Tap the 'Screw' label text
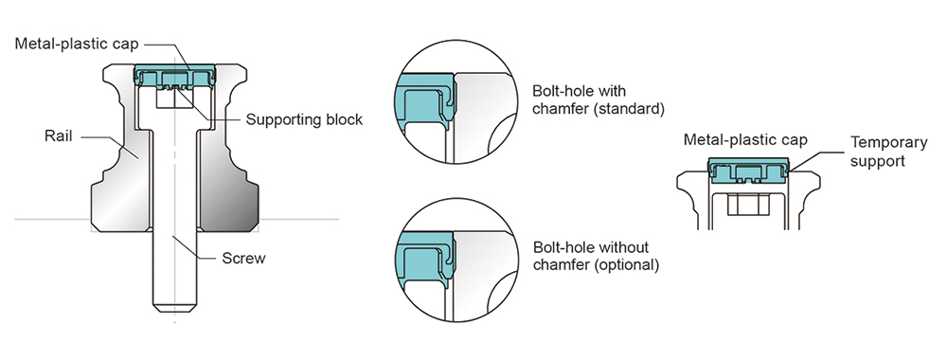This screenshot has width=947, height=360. tap(243, 258)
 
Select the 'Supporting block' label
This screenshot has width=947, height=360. tap(304, 120)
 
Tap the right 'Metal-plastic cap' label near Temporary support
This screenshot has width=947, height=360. tap(745, 140)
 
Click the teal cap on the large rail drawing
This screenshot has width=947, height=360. tap(176, 74)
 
